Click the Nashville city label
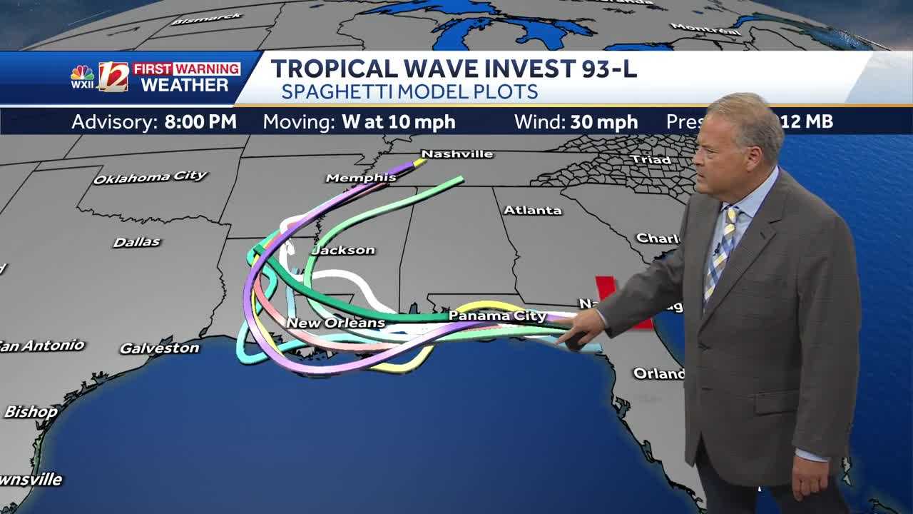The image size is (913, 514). coord(457,153)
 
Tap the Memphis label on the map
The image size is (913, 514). coord(361,178)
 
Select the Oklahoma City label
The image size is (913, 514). coord(151,176)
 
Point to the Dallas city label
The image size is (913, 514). coord(136,242)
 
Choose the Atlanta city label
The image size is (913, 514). coord(533,210)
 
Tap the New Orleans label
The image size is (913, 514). coord(335,323)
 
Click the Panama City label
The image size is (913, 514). coord(497,316)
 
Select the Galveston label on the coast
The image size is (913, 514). coord(159,348)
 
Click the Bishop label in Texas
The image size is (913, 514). coord(31,412)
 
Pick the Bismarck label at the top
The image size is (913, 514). coord(197,19)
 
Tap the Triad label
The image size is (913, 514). coord(651,159)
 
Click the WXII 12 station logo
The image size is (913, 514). coord(100,77)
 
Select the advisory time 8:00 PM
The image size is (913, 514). coord(200,121)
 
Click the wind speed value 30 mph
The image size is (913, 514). coord(603,122)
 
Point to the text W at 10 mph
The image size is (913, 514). coord(398,121)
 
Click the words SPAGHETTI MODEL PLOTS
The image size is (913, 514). coord(409,91)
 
